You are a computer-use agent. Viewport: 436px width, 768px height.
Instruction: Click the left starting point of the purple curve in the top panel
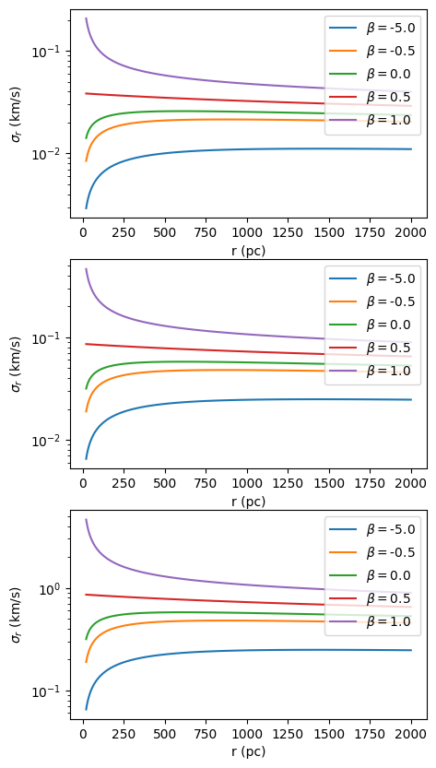[x=87, y=18]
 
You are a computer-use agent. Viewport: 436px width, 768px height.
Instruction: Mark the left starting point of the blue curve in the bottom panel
[x=87, y=709]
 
